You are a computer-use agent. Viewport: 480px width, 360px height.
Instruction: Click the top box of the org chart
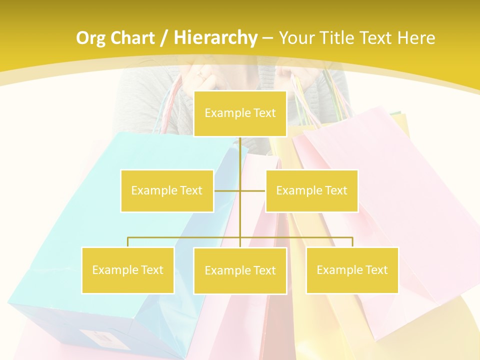coord(240,113)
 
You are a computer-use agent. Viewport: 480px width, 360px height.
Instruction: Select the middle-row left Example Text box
coord(167,190)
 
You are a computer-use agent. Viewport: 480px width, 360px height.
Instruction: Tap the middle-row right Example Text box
coord(311,190)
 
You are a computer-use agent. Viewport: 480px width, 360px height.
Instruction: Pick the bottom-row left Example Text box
coord(128,270)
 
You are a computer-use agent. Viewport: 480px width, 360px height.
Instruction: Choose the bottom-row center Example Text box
coord(240,270)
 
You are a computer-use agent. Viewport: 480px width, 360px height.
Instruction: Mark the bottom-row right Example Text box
coord(352,270)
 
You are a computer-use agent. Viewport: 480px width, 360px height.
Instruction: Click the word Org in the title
coord(90,38)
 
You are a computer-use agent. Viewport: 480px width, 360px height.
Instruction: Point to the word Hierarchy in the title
coord(215,38)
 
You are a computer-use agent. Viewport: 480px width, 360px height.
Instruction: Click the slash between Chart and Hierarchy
coord(163,38)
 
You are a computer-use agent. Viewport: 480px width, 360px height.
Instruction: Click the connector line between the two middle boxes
coord(240,190)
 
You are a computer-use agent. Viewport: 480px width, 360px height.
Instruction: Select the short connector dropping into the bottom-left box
coord(128,242)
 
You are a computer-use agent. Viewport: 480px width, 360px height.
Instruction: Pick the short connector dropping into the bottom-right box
coord(352,242)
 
